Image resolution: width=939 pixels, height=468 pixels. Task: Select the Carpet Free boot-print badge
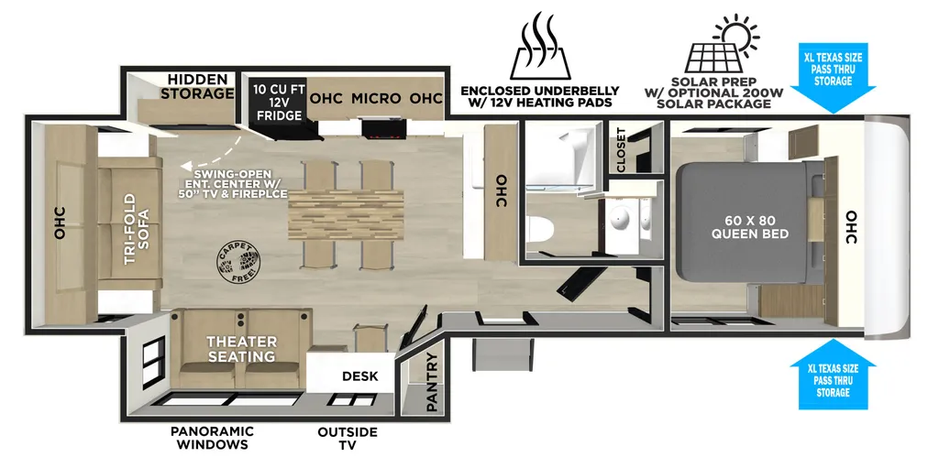point(238,264)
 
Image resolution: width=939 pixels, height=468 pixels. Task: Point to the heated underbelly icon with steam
point(540,46)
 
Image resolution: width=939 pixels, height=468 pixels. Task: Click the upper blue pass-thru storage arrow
point(833,78)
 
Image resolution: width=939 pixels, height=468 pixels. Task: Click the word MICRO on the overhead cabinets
point(375,98)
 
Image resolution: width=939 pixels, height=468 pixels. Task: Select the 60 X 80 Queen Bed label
point(750,227)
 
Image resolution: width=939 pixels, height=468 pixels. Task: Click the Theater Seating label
point(242,349)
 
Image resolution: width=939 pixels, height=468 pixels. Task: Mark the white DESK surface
point(351,372)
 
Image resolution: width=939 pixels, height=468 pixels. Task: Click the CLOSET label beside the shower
point(621,149)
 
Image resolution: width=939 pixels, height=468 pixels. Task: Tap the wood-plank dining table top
point(346,213)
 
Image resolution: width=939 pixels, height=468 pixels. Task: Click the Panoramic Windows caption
point(212,438)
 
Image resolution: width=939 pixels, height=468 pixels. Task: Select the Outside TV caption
point(348,438)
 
